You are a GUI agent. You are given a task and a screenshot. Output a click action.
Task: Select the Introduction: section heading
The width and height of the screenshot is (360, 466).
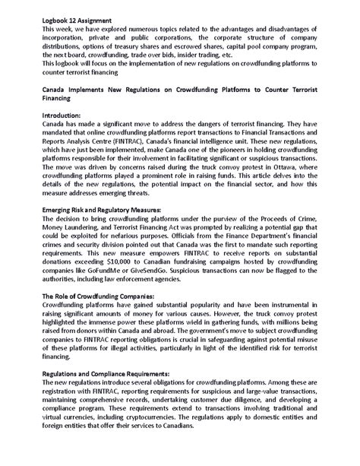[64, 113]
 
